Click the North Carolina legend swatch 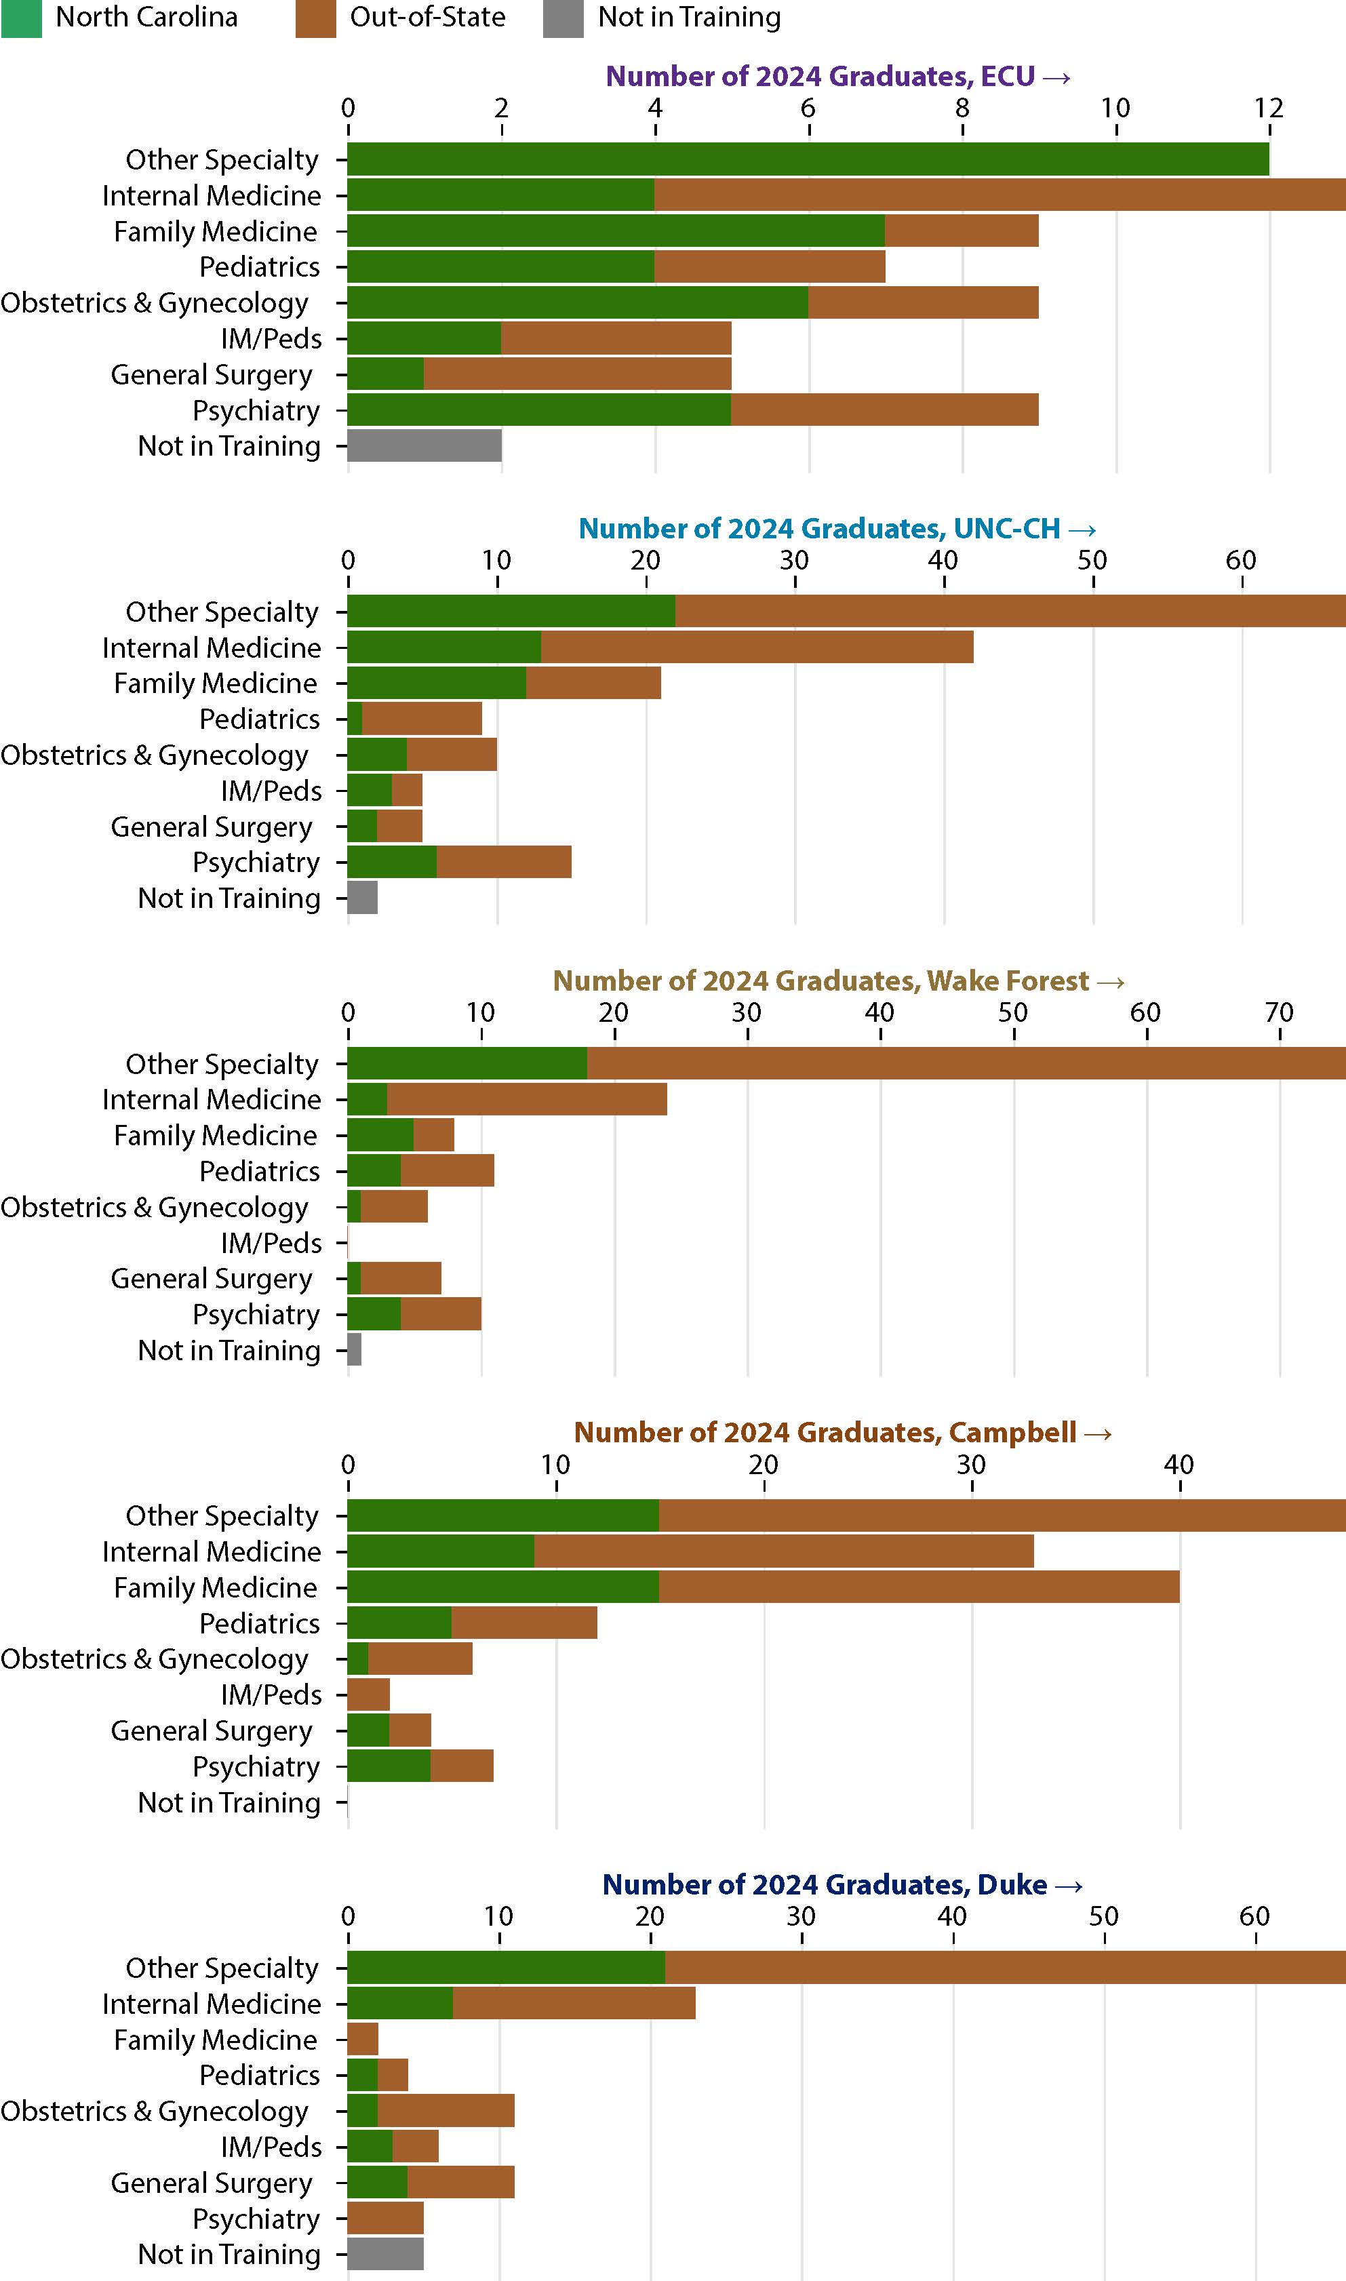[21, 18]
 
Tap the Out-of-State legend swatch [315, 18]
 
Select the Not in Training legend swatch [563, 18]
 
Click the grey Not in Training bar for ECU [424, 445]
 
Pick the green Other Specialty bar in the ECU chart [807, 159]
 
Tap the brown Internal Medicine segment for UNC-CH [757, 648]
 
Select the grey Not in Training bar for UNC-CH [363, 898]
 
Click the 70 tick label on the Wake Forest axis [1279, 1012]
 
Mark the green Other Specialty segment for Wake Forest [467, 1063]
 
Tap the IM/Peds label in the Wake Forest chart [271, 1242]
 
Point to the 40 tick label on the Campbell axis [1179, 1464]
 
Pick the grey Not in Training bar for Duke [385, 2254]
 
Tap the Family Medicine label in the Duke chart [216, 2040]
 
